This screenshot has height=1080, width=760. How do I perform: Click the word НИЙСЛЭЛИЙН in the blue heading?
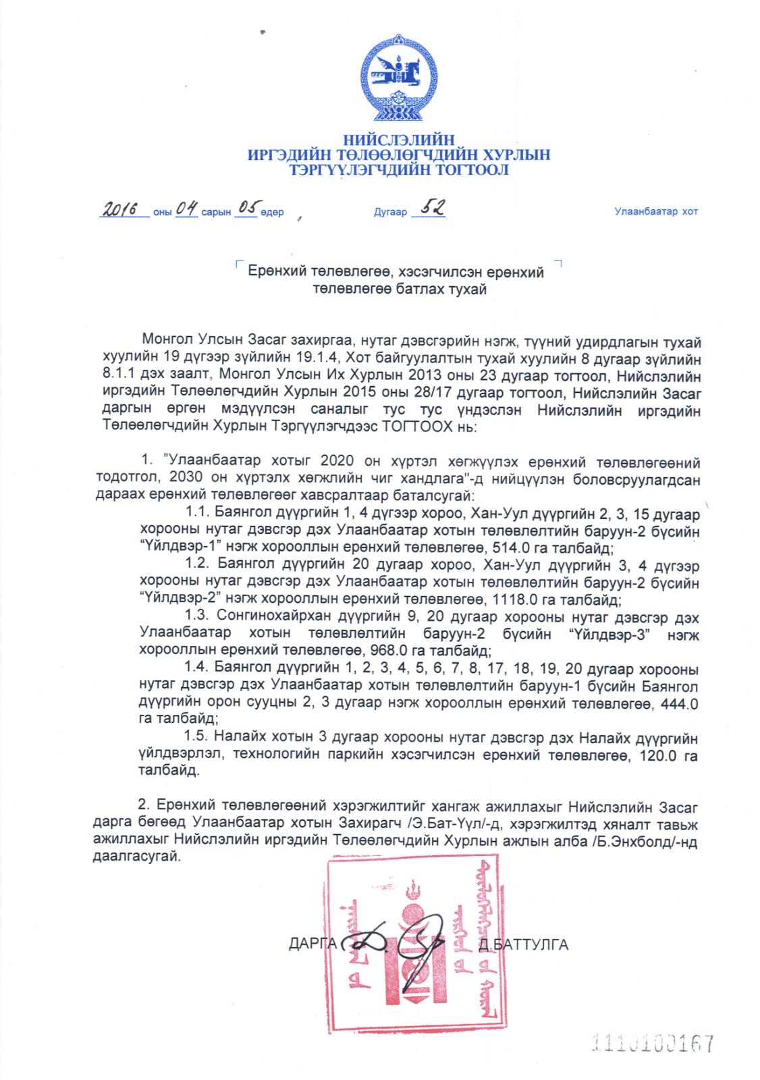tap(398, 140)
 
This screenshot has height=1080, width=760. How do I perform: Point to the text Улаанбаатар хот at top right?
tap(655, 211)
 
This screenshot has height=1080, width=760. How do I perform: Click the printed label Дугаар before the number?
tap(390, 212)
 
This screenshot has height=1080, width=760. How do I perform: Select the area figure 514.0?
tap(510, 548)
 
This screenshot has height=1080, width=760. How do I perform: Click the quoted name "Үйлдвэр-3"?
tap(609, 634)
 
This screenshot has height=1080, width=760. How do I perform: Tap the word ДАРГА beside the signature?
tap(312, 943)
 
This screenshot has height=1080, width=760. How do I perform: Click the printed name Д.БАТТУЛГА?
tap(522, 944)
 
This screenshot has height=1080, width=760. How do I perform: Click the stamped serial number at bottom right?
tap(652, 1044)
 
